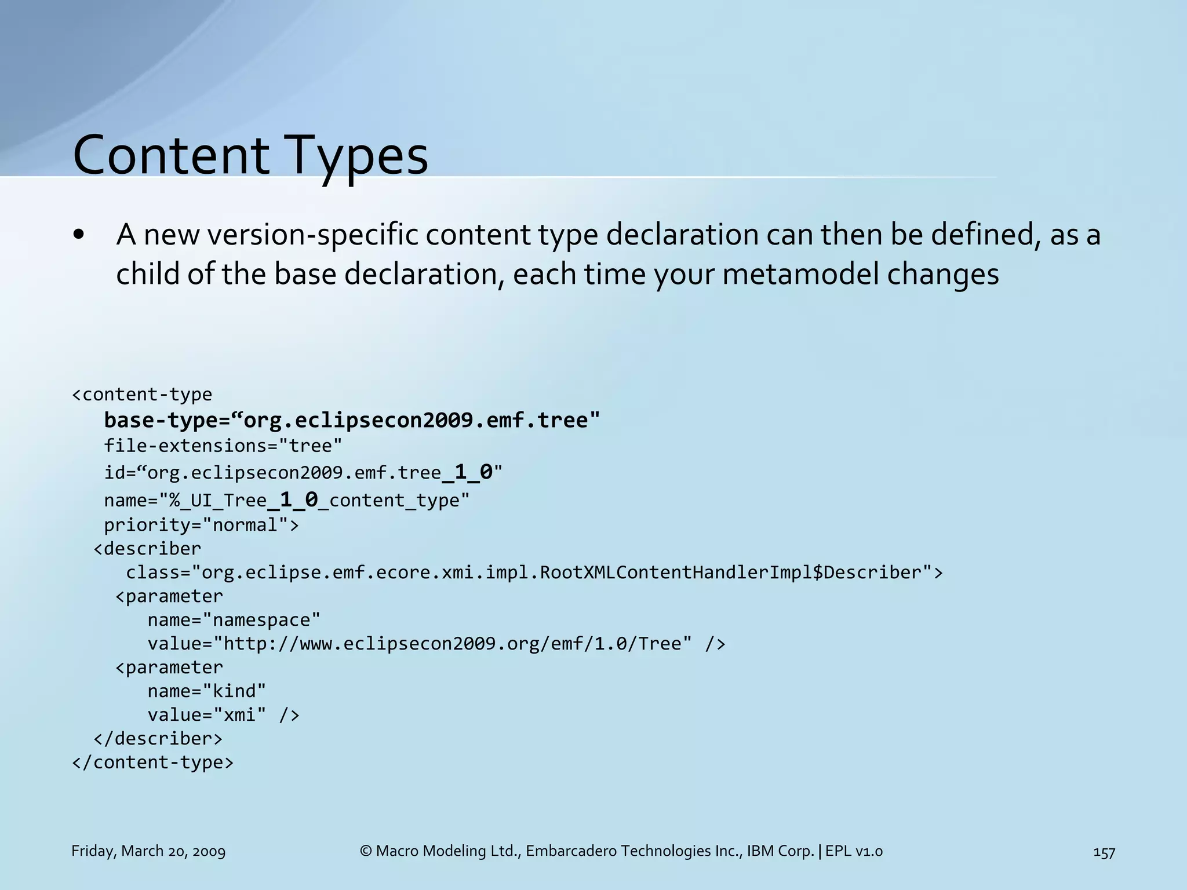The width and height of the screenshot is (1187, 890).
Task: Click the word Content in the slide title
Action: (171, 155)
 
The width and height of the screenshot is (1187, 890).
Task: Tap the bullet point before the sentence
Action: (79, 235)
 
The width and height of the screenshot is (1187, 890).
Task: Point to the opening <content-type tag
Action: (142, 395)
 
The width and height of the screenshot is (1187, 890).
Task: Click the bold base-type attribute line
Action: (352, 420)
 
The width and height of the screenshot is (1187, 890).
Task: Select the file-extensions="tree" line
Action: (223, 446)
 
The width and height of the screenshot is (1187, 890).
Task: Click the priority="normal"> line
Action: (201, 525)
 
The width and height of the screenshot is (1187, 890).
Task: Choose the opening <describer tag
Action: (147, 548)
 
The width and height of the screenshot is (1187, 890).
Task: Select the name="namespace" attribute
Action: (234, 620)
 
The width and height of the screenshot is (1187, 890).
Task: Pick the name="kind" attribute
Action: (206, 691)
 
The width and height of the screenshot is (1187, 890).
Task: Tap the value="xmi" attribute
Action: (207, 715)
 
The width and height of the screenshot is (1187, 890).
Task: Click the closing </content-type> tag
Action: (152, 762)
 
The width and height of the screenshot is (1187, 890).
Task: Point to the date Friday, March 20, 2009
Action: (148, 851)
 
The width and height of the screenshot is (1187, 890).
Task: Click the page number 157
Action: (1104, 852)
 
